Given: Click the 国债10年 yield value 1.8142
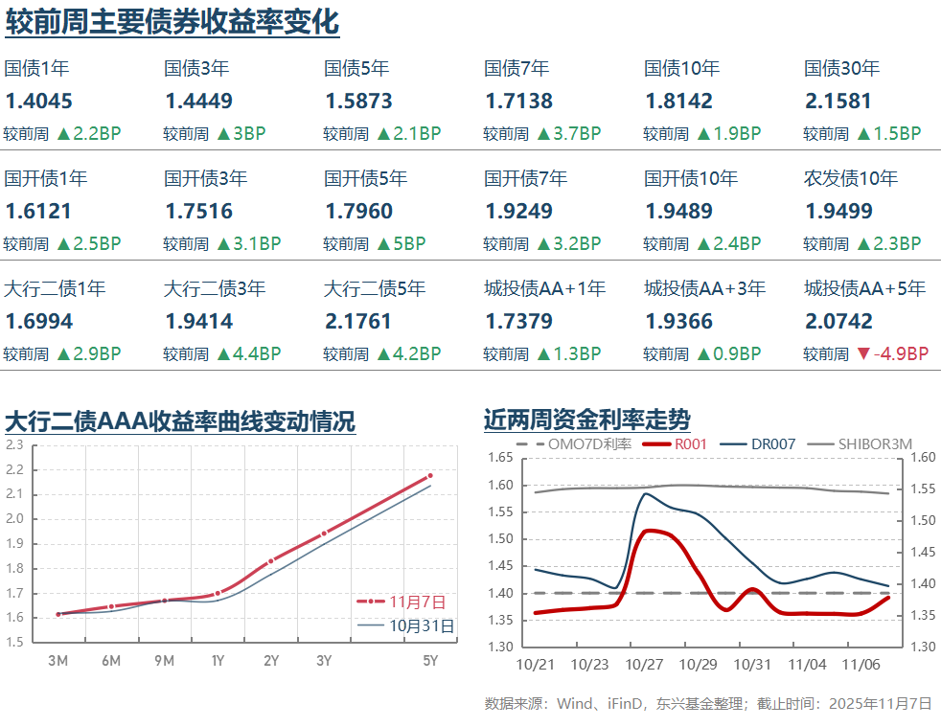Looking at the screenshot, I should pos(678,102).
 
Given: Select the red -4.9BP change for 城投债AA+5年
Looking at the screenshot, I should pos(892,353).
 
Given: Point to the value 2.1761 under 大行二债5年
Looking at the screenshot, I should pos(358,321).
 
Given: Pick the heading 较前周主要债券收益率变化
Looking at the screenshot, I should pos(172,21).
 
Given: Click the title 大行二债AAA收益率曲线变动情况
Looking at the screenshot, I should pos(180,420).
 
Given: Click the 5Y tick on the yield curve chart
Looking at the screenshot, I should pos(430,660).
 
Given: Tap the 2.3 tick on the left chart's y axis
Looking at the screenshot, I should pos(14,444).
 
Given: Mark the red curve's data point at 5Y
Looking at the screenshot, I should pos(430,475).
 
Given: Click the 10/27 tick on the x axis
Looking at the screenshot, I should pos(644,664).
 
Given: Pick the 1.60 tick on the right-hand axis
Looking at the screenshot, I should pos(922,458).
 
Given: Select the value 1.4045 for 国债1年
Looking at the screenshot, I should pos(38,102).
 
